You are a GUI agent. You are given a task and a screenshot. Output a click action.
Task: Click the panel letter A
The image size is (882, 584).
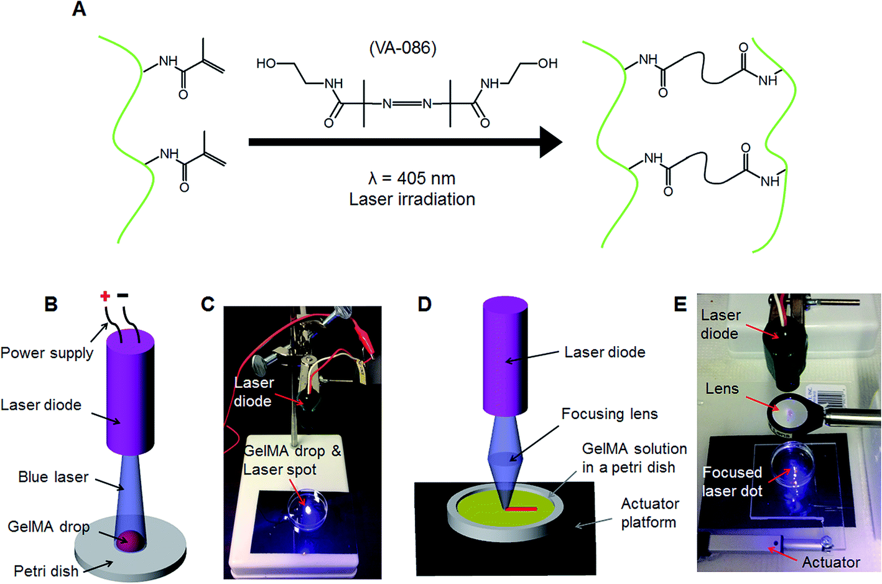click(x=79, y=9)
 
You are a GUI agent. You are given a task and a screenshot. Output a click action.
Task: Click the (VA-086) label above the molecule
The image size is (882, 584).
click(x=402, y=48)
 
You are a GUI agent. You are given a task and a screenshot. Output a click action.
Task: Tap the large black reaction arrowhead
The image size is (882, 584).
click(x=550, y=142)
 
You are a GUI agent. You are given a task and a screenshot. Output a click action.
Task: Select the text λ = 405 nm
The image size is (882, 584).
click(x=412, y=179)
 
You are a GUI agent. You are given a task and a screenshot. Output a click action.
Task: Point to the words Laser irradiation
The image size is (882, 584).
click(x=412, y=199)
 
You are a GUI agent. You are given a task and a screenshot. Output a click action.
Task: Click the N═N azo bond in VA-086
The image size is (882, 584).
click(x=407, y=104)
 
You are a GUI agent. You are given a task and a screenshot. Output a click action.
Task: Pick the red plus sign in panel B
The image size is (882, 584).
click(x=105, y=296)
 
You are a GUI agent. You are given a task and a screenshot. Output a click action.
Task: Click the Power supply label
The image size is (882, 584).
click(x=47, y=353)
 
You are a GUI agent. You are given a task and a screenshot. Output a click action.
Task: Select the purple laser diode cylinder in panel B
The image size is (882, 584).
click(x=130, y=392)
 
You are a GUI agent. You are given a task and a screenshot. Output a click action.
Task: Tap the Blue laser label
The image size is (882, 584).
click(x=53, y=477)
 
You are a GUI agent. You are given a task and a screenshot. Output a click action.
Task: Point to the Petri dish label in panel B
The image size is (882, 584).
click(x=46, y=571)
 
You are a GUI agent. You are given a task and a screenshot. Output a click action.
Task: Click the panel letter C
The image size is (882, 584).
click(x=208, y=304)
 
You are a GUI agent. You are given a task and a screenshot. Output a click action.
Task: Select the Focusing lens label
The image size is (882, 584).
click(x=610, y=414)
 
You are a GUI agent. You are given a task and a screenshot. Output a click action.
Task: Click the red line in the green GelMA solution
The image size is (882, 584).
click(x=521, y=509)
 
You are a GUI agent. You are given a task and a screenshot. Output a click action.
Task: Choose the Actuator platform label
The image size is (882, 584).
click(x=649, y=512)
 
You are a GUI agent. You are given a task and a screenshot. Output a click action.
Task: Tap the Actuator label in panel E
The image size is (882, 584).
click(x=830, y=562)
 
